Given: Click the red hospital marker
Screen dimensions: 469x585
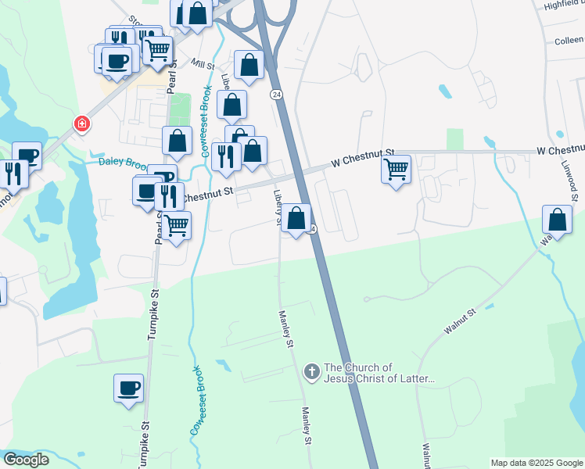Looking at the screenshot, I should [81, 124].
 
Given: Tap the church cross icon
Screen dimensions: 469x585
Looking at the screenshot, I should [311, 372].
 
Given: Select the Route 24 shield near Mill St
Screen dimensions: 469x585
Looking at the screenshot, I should [276, 95].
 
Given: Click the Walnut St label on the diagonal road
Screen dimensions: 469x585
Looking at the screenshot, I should [461, 322].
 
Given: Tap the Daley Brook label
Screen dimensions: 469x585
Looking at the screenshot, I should [123, 163].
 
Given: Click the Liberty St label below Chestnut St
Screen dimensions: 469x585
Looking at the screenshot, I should [277, 207].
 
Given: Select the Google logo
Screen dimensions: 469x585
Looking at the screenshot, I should [26, 460].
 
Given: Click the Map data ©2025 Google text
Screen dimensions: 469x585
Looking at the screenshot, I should [536, 463].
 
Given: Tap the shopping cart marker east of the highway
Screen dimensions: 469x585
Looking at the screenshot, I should [397, 169].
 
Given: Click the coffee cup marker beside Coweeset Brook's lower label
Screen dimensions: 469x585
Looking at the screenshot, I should [129, 387].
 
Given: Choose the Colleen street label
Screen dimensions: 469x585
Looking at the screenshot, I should [569, 41].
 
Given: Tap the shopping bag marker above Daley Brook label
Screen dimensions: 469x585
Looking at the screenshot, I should [178, 141].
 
